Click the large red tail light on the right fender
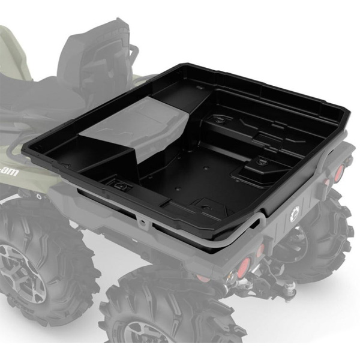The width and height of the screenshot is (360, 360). (x=340, y=173)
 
